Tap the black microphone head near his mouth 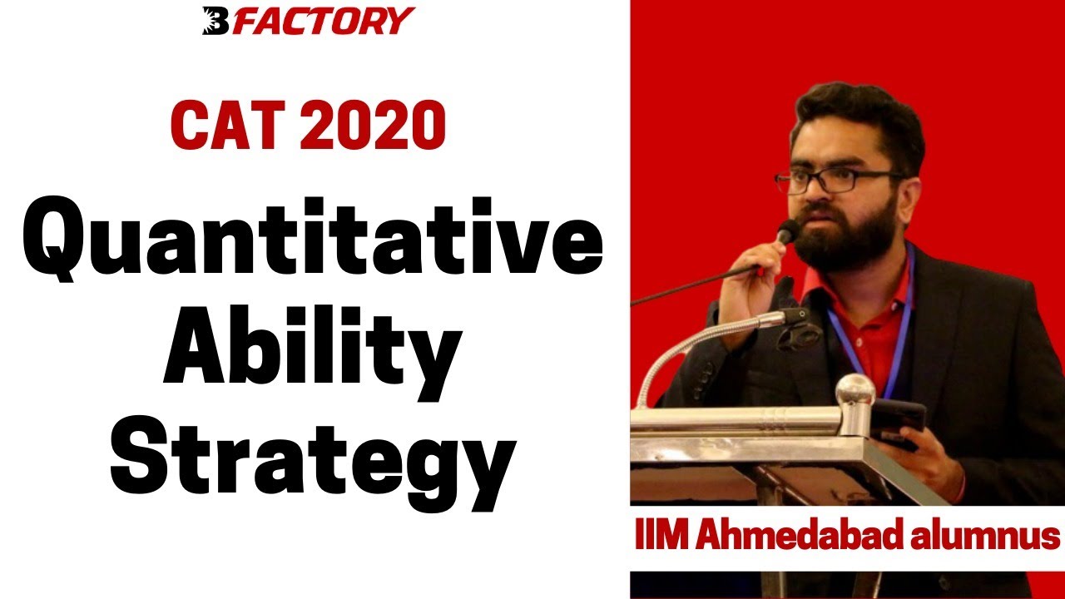[787, 230]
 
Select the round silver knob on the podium [854, 392]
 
